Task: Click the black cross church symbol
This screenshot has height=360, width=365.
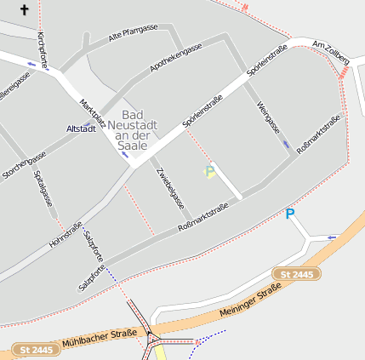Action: point(24,10)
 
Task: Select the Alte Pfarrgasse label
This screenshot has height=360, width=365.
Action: point(134,34)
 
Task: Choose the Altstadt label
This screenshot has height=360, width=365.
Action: point(81,129)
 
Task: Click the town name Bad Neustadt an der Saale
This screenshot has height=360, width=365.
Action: point(132,129)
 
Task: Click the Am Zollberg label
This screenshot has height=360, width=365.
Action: point(331,48)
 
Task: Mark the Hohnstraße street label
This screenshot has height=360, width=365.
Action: point(66,234)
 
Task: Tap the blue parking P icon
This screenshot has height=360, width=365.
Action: point(290,214)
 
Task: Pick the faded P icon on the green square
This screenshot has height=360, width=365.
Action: point(209,172)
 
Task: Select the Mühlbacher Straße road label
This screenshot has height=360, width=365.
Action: point(100,339)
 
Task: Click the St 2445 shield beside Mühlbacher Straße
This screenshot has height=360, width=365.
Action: point(35,350)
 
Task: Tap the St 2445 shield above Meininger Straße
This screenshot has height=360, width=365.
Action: point(297,274)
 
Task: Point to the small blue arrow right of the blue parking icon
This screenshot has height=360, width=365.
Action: point(333,237)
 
